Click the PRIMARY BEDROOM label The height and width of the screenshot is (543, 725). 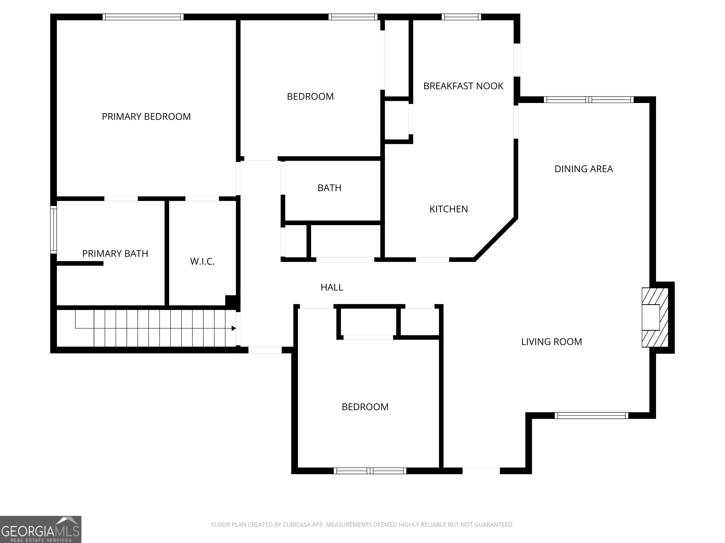pyautogui.click(x=146, y=116)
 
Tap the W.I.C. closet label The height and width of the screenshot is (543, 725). pyautogui.click(x=202, y=262)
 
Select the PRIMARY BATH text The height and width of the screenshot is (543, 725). pyautogui.click(x=115, y=254)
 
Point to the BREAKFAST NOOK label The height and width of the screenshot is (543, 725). pyautogui.click(x=463, y=86)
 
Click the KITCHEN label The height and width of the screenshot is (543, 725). pyautogui.click(x=448, y=209)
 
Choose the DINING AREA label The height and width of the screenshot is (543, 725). pyautogui.click(x=583, y=169)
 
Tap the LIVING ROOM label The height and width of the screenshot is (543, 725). pyautogui.click(x=551, y=342)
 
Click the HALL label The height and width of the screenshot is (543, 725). pyautogui.click(x=332, y=287)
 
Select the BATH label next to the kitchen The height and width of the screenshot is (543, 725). pyautogui.click(x=329, y=188)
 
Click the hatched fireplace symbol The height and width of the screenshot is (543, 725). pyautogui.click(x=654, y=317)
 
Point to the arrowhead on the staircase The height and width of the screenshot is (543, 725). pyautogui.click(x=234, y=328)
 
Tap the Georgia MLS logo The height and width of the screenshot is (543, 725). pyautogui.click(x=40, y=529)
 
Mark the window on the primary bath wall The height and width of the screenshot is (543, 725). pyautogui.click(x=53, y=230)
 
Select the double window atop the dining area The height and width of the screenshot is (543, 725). pyautogui.click(x=589, y=99)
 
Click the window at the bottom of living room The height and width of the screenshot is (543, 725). pyautogui.click(x=591, y=416)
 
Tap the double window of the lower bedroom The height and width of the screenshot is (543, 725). pyautogui.click(x=370, y=471)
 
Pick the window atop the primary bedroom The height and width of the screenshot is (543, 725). pyautogui.click(x=143, y=17)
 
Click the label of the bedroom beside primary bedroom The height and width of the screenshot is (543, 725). pyautogui.click(x=310, y=97)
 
